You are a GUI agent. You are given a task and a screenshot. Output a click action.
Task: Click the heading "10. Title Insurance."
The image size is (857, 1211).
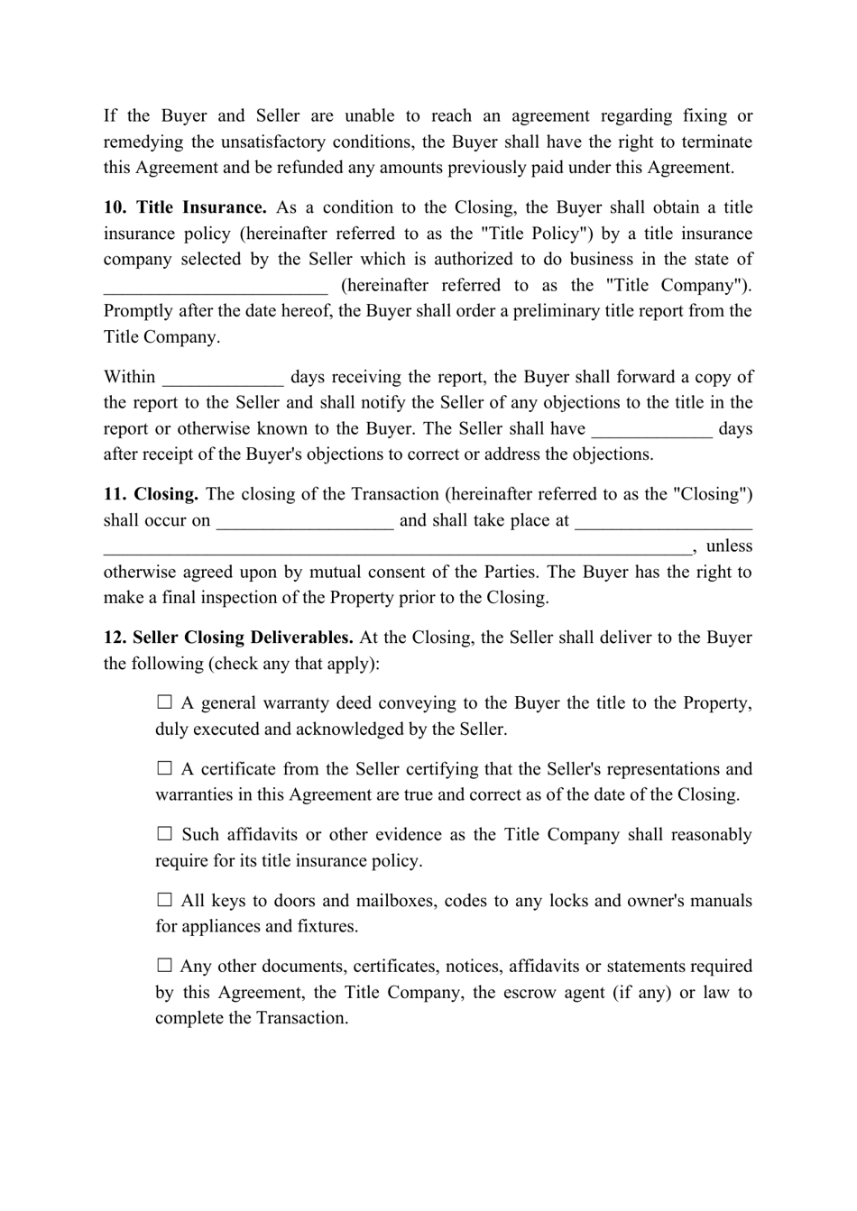pos(185,207)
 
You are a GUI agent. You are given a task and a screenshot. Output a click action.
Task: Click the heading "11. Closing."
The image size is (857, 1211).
pos(151,494)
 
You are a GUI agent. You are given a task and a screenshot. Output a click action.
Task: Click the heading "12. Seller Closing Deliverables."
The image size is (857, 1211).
pos(228,638)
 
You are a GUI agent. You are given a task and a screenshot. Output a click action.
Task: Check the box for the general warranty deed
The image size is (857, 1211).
pos(164,702)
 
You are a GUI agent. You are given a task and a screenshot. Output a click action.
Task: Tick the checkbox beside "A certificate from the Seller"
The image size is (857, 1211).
pos(164,768)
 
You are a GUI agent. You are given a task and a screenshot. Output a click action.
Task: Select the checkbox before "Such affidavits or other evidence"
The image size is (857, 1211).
pos(164,834)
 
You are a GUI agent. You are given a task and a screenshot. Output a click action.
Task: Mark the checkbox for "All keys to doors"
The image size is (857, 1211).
pos(164,900)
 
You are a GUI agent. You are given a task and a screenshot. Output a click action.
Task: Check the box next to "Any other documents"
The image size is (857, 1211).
pos(164,966)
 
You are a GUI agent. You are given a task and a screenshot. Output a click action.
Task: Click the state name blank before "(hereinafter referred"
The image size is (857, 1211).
pos(216,287)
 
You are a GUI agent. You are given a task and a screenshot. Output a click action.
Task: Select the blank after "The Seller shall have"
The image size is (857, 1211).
pos(652,430)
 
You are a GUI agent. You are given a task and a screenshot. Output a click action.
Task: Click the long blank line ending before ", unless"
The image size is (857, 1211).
pos(397,547)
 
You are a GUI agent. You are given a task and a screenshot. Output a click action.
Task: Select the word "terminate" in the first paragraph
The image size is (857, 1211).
pos(717,142)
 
